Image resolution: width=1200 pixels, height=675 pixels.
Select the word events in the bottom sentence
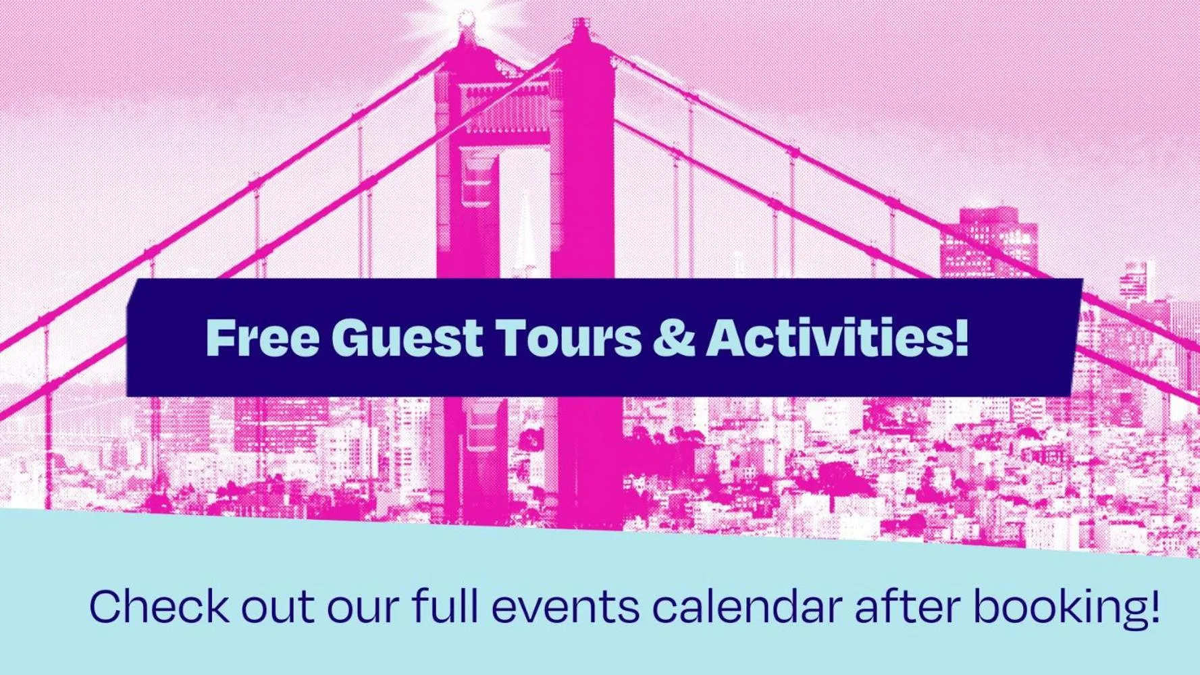click(565, 606)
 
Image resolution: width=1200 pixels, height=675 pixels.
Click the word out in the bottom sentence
click(278, 606)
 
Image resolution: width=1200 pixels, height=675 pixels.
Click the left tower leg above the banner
click(466, 202)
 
